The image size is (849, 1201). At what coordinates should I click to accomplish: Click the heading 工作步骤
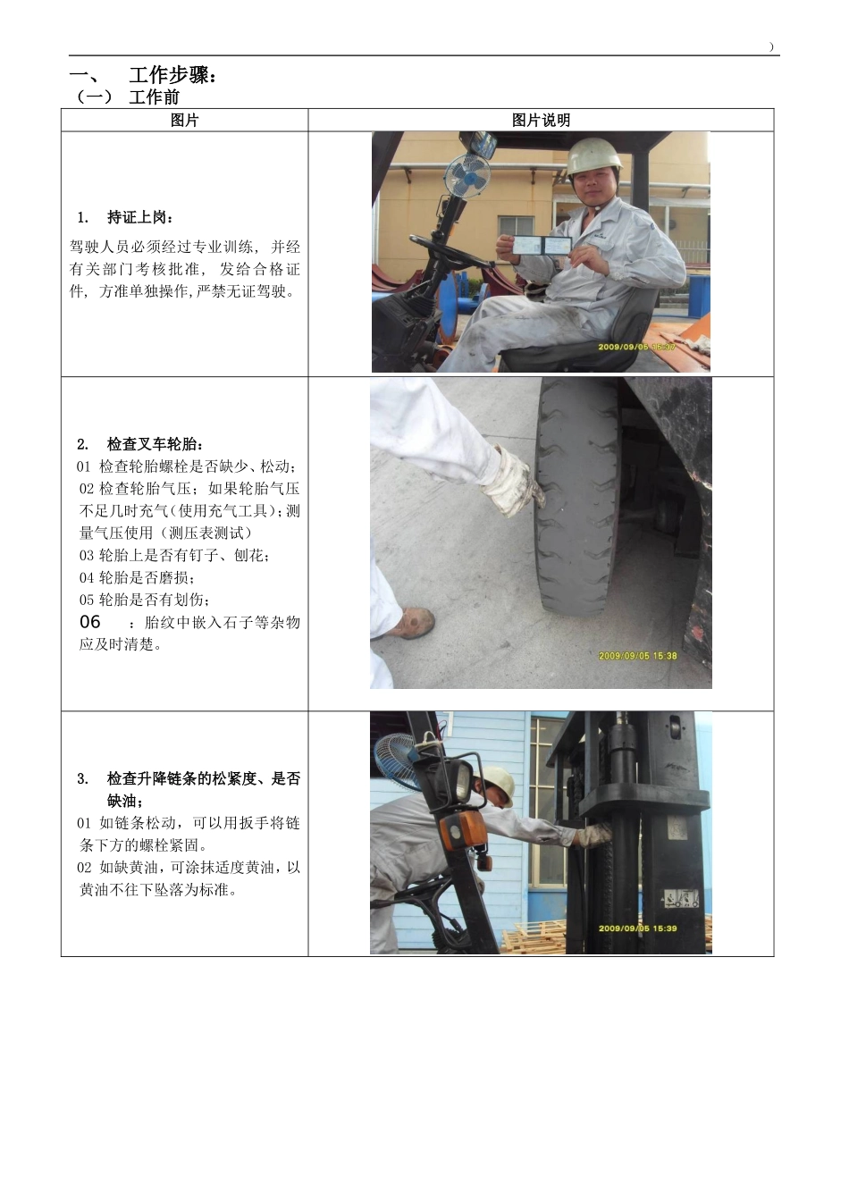pos(172,76)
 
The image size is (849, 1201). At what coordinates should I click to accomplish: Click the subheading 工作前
pos(154,97)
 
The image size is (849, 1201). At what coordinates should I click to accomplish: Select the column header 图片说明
pos(541,121)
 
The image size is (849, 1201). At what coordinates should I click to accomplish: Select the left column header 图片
pos(184,121)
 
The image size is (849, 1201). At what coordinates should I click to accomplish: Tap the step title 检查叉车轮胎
pos(156,444)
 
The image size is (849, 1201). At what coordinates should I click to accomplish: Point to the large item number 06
pos(90,622)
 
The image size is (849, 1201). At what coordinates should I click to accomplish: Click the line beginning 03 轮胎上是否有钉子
pos(174,555)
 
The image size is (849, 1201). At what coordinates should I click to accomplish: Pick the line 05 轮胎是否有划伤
pos(145,600)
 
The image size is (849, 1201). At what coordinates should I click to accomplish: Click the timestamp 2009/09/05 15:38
pos(637,656)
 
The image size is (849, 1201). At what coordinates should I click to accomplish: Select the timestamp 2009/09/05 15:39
pos(637,928)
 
